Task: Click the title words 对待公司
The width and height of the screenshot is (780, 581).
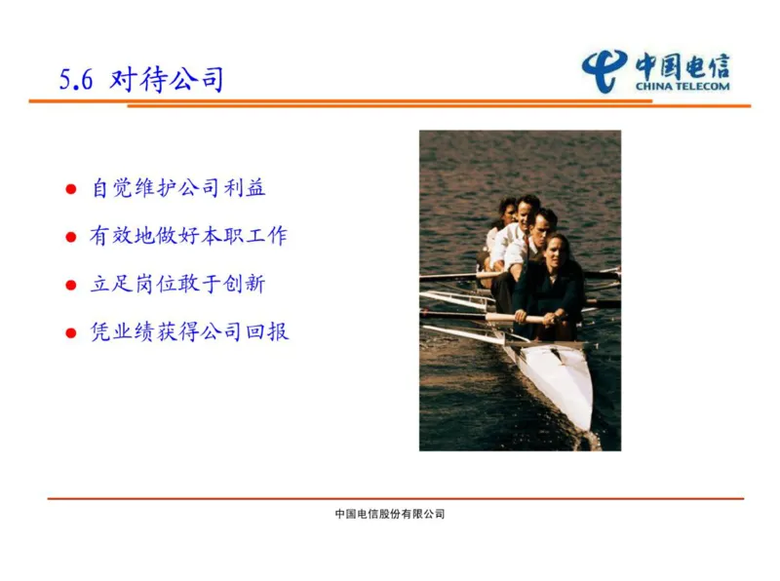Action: click(167, 80)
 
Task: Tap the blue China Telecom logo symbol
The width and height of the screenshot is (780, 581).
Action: click(605, 71)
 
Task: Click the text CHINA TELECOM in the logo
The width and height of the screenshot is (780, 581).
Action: click(682, 86)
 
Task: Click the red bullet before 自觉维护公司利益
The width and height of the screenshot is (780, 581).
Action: click(70, 189)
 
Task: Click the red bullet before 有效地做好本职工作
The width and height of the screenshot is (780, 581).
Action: click(70, 237)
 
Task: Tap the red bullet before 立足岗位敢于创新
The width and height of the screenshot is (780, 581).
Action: click(70, 286)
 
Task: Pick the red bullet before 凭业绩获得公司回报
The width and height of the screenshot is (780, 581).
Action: click(70, 333)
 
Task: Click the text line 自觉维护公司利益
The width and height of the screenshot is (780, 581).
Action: click(178, 188)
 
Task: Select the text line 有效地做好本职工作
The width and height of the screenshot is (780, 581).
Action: click(189, 236)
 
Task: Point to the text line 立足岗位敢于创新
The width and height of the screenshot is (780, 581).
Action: click(178, 285)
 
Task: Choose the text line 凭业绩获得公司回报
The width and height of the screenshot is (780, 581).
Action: click(189, 332)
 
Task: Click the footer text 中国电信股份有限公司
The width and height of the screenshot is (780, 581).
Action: click(389, 514)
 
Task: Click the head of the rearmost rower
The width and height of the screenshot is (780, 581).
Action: click(508, 208)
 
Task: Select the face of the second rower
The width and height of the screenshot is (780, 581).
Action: click(529, 209)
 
